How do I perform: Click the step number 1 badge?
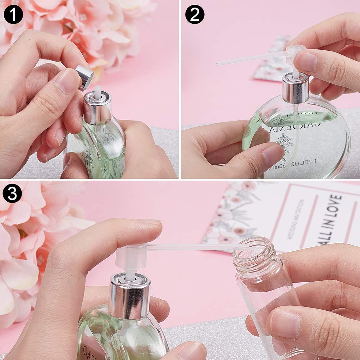[14, 14]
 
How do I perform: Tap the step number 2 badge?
[195, 14]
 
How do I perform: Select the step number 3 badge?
[12, 194]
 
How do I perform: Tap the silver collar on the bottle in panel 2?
[295, 88]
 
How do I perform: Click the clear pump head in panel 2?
[295, 54]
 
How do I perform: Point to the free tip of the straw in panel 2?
[218, 64]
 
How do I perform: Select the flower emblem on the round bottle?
[286, 142]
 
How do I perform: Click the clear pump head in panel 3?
[131, 257]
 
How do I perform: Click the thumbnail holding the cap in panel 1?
[67, 81]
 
